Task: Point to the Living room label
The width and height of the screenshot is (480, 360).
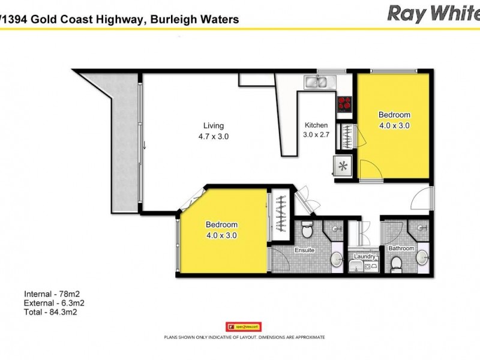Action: [x=213, y=126]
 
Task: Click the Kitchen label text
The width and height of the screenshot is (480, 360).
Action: [x=316, y=125]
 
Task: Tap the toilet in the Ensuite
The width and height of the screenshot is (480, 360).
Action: [x=307, y=230]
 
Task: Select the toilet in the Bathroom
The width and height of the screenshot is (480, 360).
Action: [x=397, y=263]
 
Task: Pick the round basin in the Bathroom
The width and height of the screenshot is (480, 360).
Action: [x=424, y=258]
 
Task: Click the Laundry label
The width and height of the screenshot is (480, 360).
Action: [x=365, y=257]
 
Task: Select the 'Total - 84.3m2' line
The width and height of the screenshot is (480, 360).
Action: [x=50, y=312]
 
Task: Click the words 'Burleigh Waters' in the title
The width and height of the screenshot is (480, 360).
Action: [x=195, y=19]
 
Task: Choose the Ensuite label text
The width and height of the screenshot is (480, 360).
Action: [x=305, y=250]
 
